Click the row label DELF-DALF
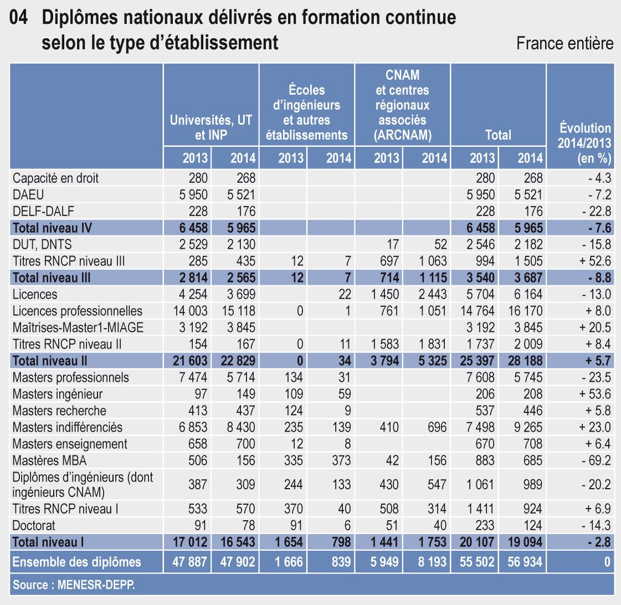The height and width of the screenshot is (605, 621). tap(45, 212)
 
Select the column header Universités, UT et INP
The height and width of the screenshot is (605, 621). tap(211, 127)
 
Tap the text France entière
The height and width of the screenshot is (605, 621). tap(564, 43)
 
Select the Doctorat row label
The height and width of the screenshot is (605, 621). tap(34, 525)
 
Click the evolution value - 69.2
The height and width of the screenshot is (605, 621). tap(596, 461)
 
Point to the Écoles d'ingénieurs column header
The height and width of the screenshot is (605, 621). tap(306, 112)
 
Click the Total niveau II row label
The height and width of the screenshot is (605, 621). tap(50, 361)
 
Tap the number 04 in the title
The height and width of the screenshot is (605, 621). tap(20, 18)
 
